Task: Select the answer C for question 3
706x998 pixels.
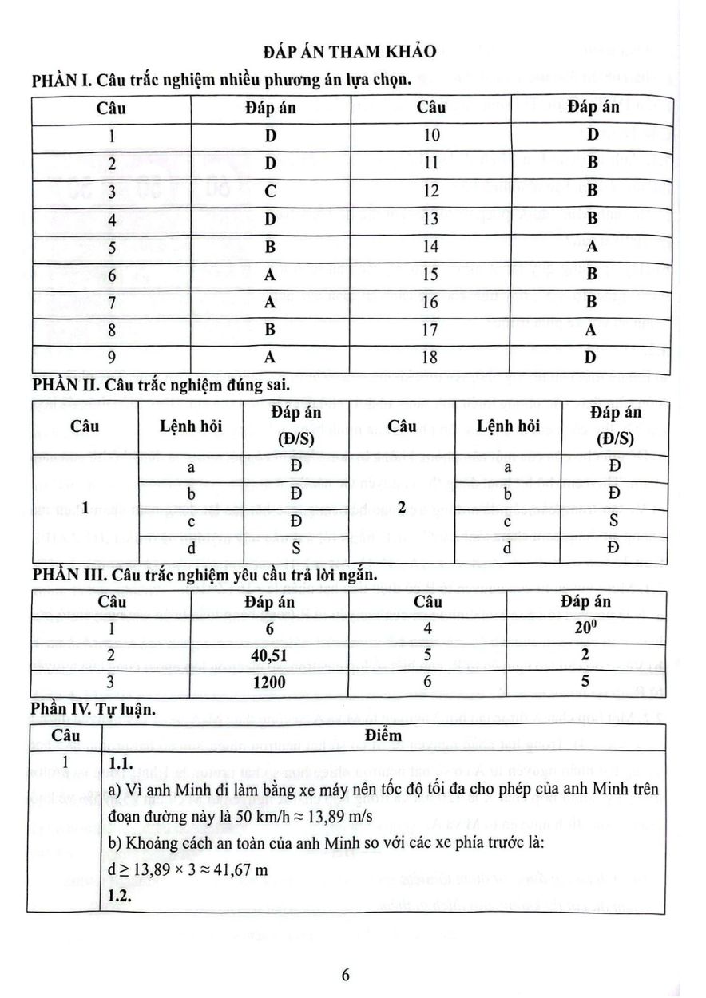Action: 271,192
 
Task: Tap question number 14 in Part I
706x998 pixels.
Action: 431,247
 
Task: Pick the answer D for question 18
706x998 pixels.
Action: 590,357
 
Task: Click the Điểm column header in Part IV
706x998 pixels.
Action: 383,734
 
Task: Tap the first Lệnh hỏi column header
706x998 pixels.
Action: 192,426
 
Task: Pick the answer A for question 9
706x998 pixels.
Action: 271,357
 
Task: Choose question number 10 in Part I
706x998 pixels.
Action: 431,136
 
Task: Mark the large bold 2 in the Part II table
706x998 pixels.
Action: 403,507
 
